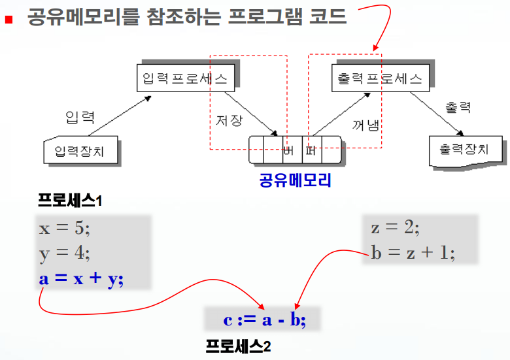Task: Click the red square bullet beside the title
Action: [x=8, y=19]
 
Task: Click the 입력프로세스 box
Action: [x=184, y=79]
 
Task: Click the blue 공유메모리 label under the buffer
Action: [x=295, y=180]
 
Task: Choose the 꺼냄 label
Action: [x=365, y=124]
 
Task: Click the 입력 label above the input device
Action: [x=80, y=118]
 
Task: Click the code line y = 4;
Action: [x=66, y=253]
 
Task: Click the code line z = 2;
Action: [x=395, y=228]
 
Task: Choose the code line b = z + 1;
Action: [x=413, y=252]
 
